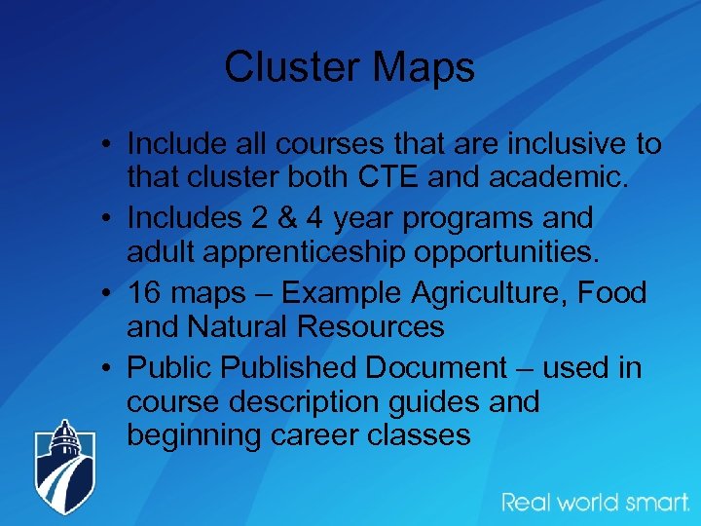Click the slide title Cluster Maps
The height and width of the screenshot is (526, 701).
350,67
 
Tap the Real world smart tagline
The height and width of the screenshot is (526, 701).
596,503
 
